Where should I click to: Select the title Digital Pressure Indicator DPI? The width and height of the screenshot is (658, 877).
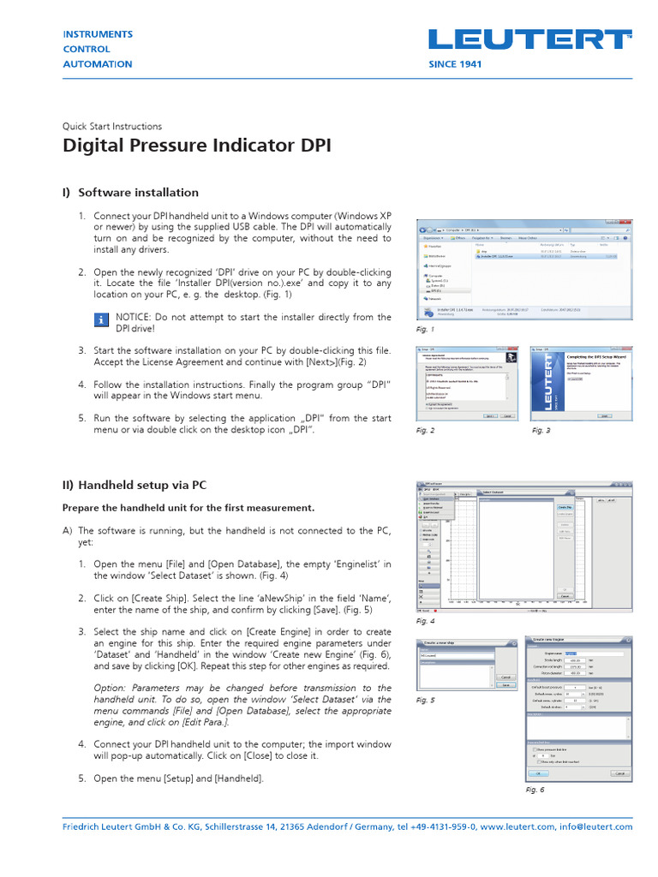pyautogui.click(x=197, y=146)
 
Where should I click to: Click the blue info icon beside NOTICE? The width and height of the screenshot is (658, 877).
pyautogui.click(x=99, y=320)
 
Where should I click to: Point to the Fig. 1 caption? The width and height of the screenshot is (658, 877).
pyautogui.click(x=425, y=329)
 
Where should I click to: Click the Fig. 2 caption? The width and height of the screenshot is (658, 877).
pyautogui.click(x=425, y=430)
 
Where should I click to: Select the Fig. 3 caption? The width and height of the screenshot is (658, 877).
pyautogui.click(x=541, y=430)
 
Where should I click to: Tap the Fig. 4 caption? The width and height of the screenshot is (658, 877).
pyautogui.click(x=425, y=619)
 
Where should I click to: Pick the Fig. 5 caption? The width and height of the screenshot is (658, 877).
pyautogui.click(x=425, y=700)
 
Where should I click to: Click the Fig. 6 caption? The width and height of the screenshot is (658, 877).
pyautogui.click(x=535, y=790)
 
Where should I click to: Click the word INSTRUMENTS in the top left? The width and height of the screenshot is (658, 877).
pyautogui.click(x=98, y=34)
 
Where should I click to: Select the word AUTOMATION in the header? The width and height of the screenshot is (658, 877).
pyautogui.click(x=98, y=64)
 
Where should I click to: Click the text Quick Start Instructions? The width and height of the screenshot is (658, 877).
pyautogui.click(x=112, y=126)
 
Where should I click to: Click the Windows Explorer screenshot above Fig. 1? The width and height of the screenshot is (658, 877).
pyautogui.click(x=524, y=269)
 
